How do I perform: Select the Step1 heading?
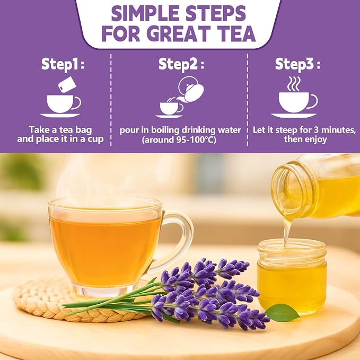(x=63, y=64)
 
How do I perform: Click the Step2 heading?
(x=181, y=64)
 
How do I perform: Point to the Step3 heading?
(x=297, y=64)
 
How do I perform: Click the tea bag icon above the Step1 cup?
(x=67, y=84)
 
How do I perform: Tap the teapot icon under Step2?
(x=190, y=89)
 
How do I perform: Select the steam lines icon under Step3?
(x=294, y=84)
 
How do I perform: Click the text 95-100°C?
(x=196, y=140)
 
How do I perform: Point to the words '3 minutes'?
(x=335, y=130)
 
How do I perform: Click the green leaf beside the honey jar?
(x=283, y=312)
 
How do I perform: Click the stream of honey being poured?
(x=286, y=232)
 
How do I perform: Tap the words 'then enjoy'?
(x=305, y=139)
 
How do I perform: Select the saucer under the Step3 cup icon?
(x=294, y=116)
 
